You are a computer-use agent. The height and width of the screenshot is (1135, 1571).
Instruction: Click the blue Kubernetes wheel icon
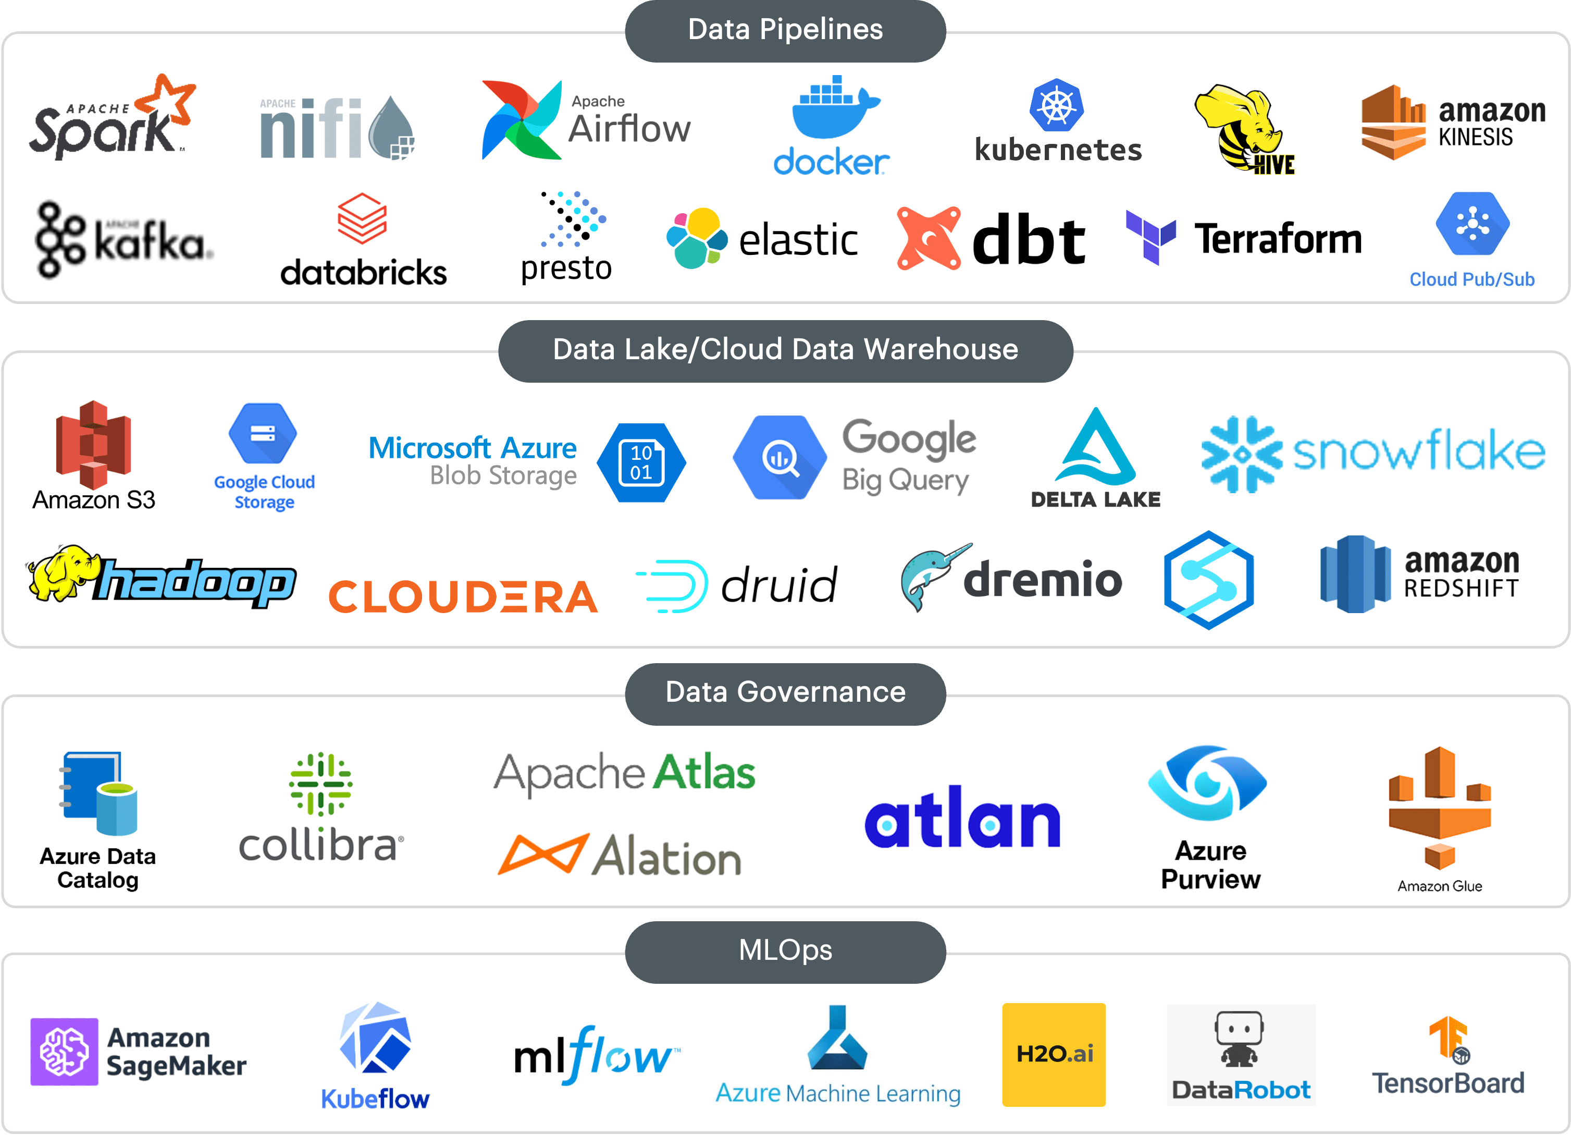click(x=1056, y=106)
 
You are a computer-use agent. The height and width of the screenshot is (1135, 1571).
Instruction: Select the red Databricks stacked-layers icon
click(x=362, y=218)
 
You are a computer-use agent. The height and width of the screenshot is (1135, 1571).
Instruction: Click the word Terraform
click(x=1278, y=239)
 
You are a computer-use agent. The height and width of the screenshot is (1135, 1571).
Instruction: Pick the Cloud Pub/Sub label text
click(x=1472, y=279)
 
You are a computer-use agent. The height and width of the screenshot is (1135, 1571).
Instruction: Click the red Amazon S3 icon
click(x=93, y=444)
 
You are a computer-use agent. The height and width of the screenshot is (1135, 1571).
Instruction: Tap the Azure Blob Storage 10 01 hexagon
click(x=641, y=462)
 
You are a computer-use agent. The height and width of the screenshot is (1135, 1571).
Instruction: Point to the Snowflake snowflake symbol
click(x=1241, y=455)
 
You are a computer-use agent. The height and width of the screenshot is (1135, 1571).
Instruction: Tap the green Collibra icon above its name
click(x=320, y=784)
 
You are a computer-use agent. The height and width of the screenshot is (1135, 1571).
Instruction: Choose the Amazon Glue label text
click(x=1439, y=886)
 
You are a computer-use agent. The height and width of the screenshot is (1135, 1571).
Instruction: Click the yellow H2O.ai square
click(x=1054, y=1054)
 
